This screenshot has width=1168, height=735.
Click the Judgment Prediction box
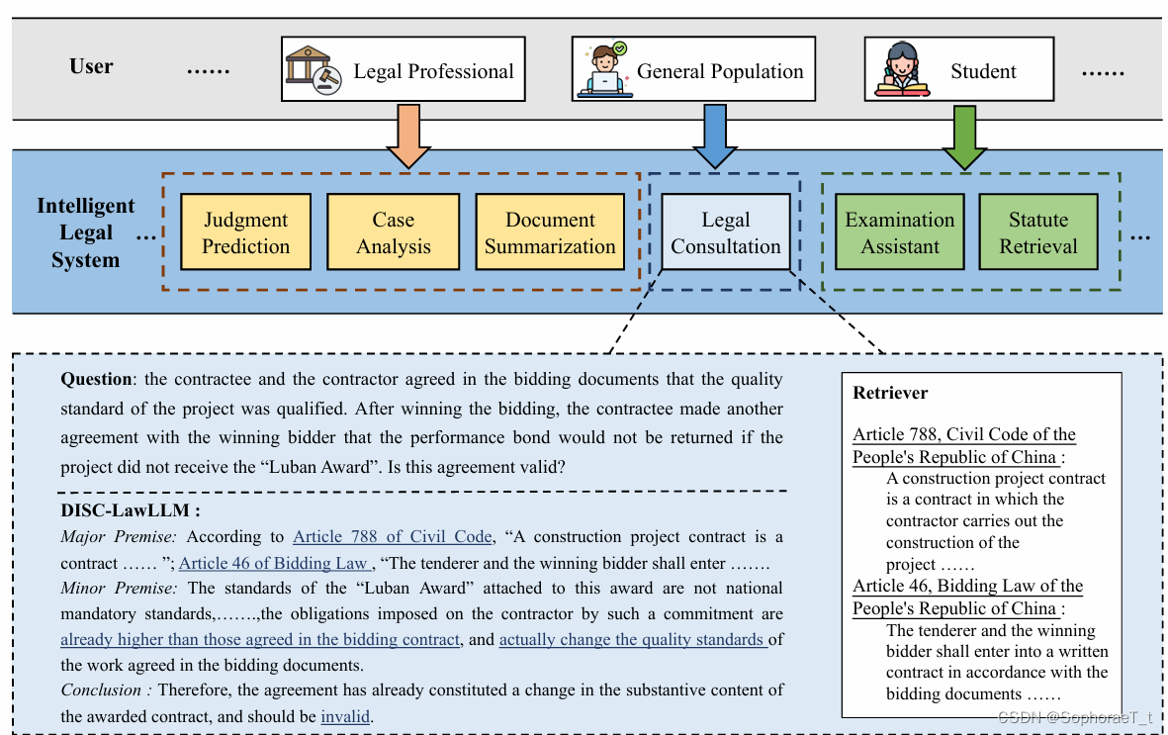pos(245,232)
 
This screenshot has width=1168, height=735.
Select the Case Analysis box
pos(393,232)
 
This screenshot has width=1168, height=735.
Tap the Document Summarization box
pos(550,232)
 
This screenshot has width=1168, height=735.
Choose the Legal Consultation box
pos(726,232)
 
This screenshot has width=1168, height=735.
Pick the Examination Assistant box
pos(900,232)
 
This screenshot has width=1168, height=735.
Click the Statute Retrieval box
pos(1038,232)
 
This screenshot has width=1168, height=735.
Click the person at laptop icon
pos(603,69)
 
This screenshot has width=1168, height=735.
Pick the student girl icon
pos(902,69)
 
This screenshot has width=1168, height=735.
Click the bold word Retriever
pos(890,393)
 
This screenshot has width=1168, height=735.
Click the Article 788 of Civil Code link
pos(392,537)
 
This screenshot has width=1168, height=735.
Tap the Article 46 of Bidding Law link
pos(274,563)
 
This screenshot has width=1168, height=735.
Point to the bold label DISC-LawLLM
pos(131,511)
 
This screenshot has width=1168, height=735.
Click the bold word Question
pos(96,379)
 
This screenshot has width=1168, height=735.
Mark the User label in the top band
pos(91,66)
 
